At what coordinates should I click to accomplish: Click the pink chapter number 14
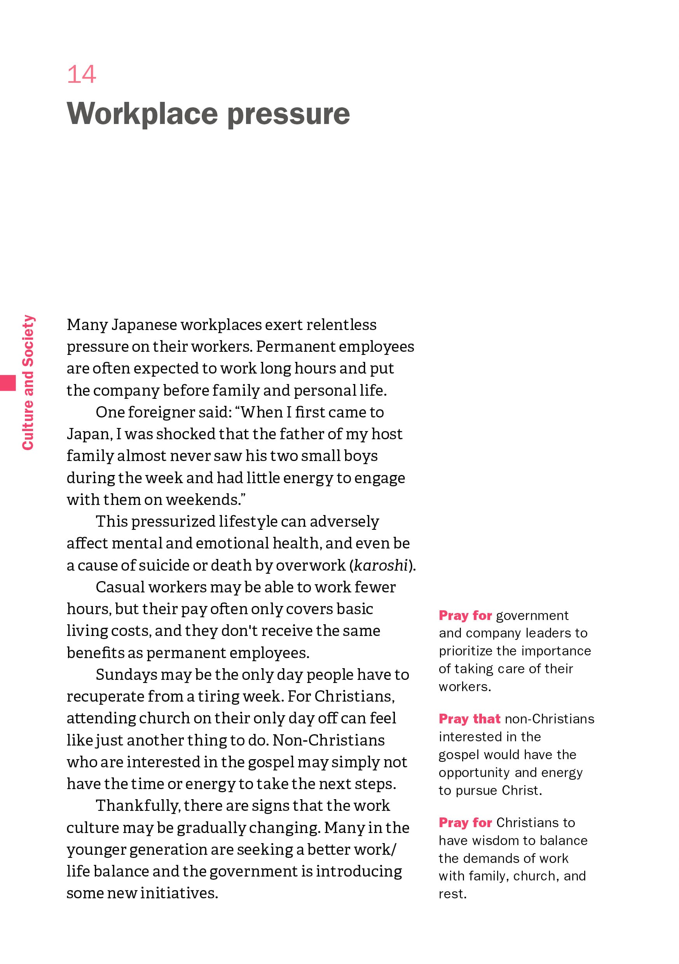point(82,74)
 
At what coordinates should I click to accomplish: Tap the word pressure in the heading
point(288,114)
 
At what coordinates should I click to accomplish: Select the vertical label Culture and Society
point(28,382)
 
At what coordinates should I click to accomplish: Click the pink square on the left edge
point(7,383)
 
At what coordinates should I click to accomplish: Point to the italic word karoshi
point(381,566)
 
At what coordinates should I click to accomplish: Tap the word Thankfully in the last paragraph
point(138,806)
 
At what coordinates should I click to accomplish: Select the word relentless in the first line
point(341,325)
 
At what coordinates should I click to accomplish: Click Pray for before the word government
point(465,615)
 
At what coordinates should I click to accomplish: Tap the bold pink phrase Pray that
point(470,719)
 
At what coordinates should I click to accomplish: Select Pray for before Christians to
point(465,823)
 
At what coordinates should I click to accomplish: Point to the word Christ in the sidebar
point(521,791)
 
